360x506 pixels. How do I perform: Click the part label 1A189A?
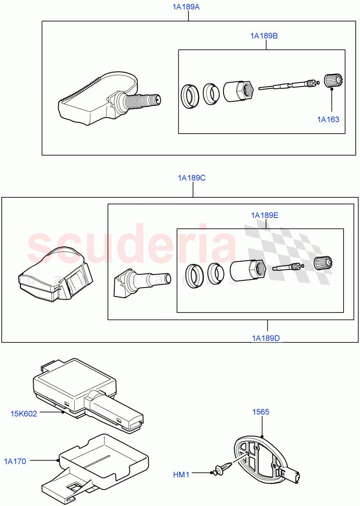(188, 7)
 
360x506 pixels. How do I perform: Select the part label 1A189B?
(264, 36)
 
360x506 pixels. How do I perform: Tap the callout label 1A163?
(328, 119)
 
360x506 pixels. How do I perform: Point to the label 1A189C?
(191, 178)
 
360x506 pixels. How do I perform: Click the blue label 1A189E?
(264, 215)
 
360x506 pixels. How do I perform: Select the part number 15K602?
(24, 414)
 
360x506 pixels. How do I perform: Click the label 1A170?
(15, 461)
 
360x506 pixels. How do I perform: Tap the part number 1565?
(261, 412)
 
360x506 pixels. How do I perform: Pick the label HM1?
(181, 475)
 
